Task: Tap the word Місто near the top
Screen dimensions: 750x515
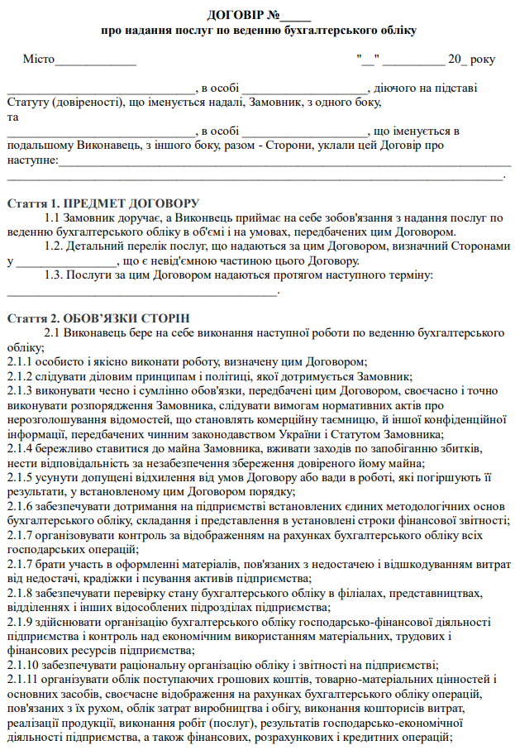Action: (38, 60)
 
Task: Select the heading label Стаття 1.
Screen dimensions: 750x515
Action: (31, 203)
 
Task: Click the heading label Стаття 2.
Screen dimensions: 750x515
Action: (31, 318)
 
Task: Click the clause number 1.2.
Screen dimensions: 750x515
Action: (54, 246)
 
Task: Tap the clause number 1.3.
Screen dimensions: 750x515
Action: (54, 275)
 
